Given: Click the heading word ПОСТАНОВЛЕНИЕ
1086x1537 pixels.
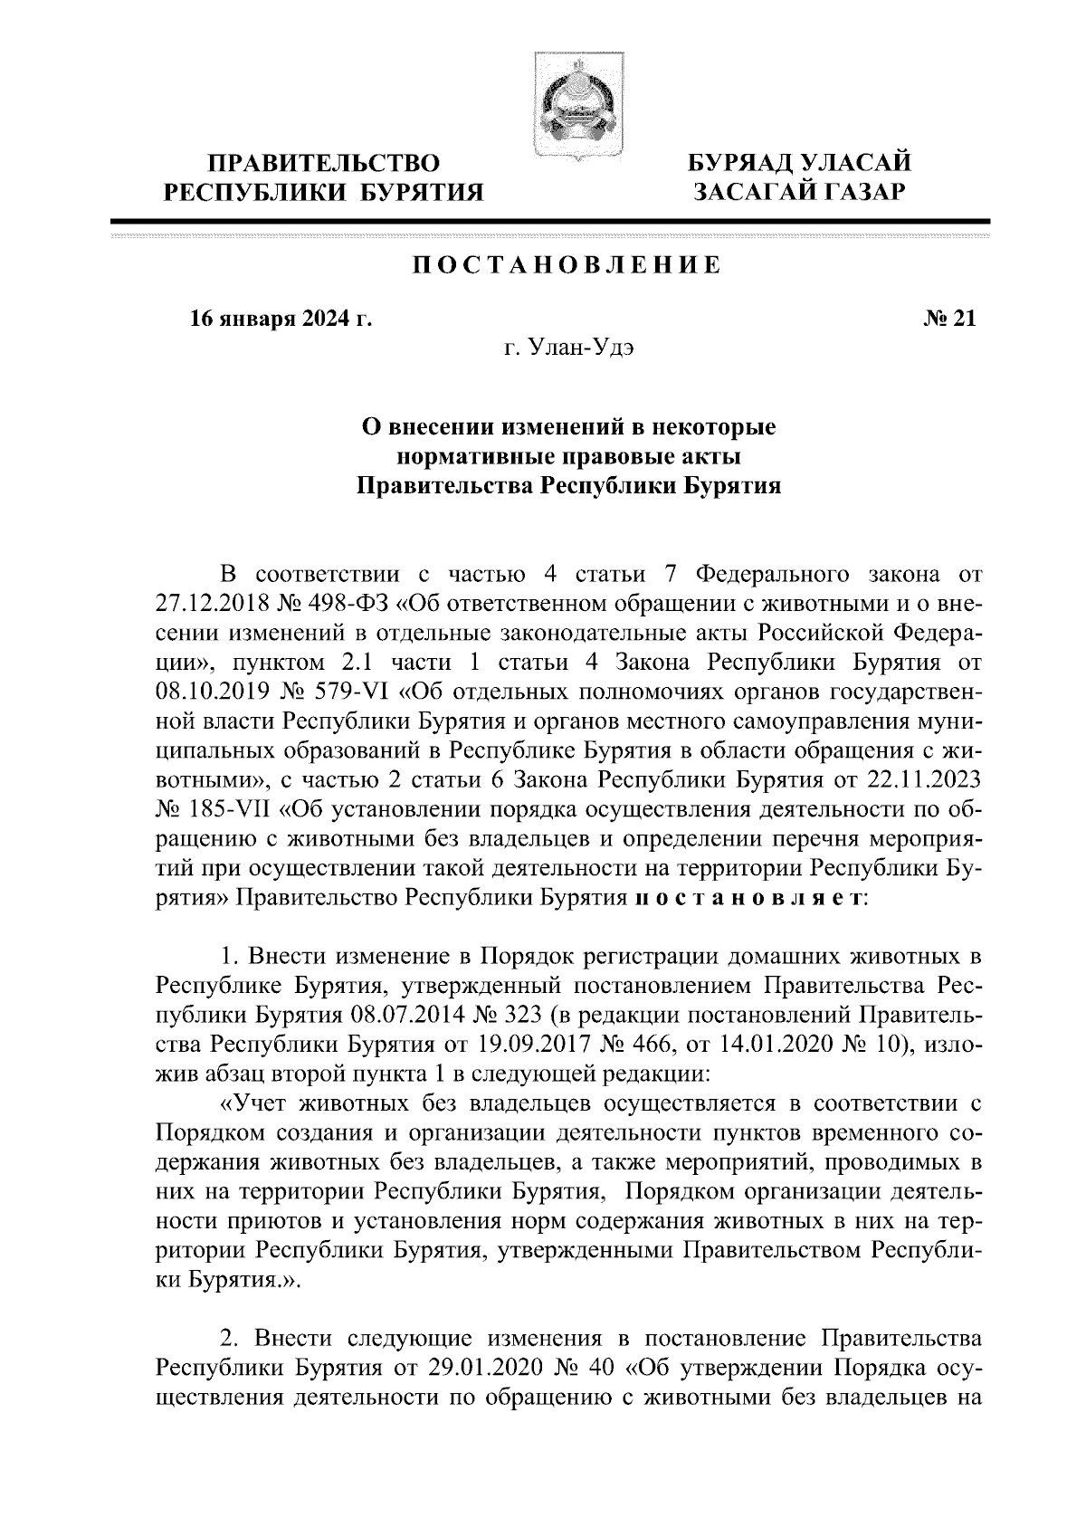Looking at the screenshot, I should click(567, 265).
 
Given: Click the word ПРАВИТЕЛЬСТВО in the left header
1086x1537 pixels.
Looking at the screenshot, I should click(324, 165).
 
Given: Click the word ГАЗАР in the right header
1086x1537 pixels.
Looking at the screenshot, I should click(854, 192).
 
